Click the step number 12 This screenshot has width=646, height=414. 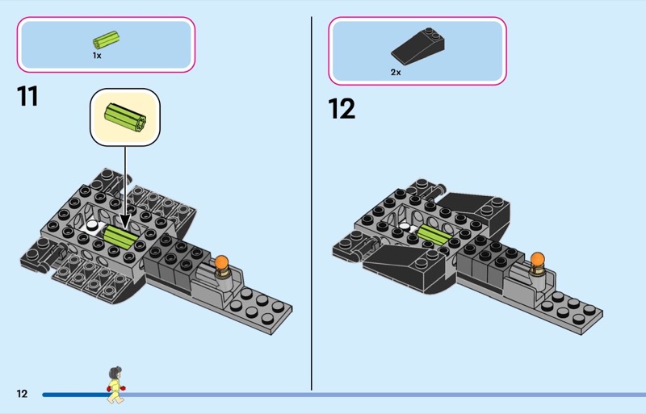pos(342,108)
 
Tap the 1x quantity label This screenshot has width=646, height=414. pos(97,56)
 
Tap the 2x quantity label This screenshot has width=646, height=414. pos(396,72)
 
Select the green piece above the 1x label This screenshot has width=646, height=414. pos(106,39)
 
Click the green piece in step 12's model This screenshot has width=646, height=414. pos(429,235)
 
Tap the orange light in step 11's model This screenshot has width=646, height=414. pos(222,264)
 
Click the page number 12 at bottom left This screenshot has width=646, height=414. pos(22,394)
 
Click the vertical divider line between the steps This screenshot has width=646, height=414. pos(311,202)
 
